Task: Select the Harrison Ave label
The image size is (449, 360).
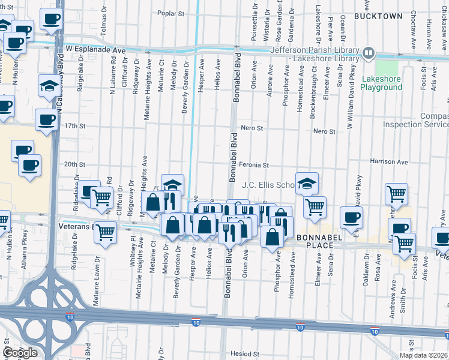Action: (389, 162)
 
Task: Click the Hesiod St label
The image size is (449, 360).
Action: (246, 355)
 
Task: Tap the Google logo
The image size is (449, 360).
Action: (20, 353)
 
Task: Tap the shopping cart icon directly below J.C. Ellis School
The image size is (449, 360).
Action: (314, 208)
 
